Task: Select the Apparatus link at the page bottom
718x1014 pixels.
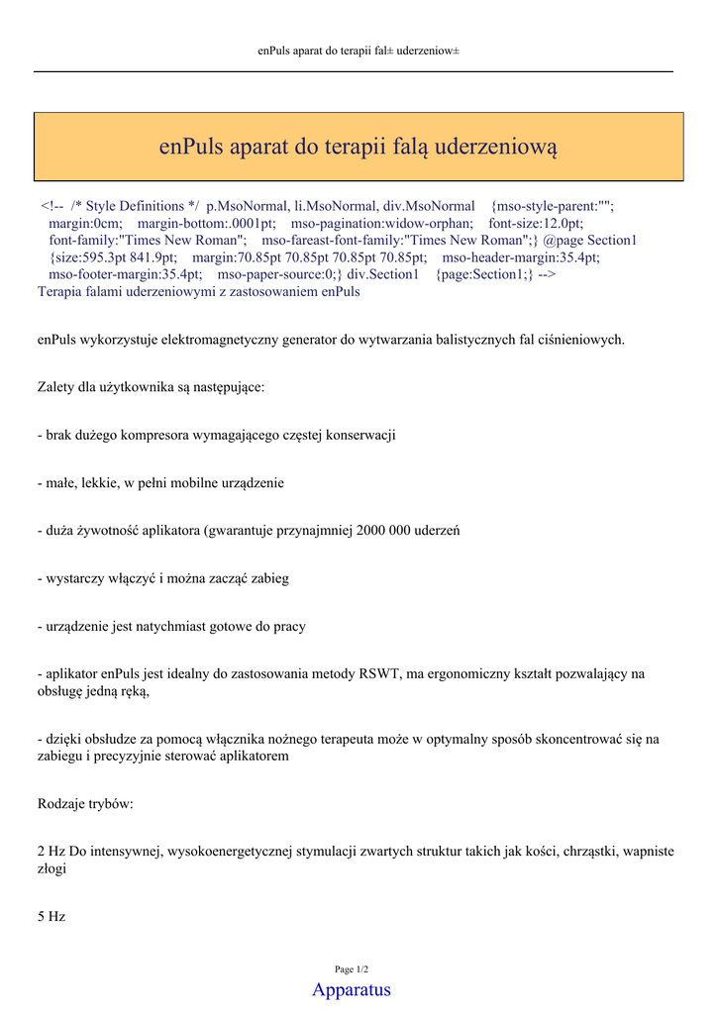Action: (x=352, y=989)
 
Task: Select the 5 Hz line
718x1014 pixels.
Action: (x=51, y=917)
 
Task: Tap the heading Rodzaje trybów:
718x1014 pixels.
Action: (x=85, y=804)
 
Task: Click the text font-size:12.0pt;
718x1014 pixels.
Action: (x=536, y=224)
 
